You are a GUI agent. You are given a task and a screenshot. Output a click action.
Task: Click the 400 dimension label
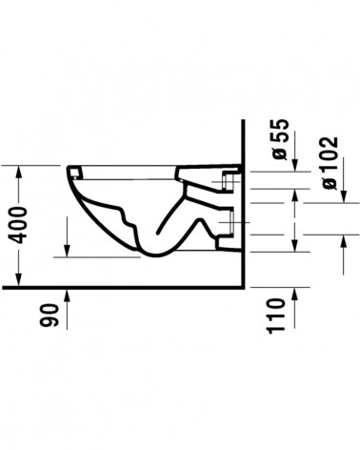coord(17,225)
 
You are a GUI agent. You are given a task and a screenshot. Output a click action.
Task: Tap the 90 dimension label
coord(50,316)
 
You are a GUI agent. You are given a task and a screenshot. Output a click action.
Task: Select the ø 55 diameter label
coord(280,139)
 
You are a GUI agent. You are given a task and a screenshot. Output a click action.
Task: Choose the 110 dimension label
coord(275,317)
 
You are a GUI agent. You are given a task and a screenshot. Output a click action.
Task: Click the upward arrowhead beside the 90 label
coord(67,296)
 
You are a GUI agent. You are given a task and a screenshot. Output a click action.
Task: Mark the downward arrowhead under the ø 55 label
coord(295,165)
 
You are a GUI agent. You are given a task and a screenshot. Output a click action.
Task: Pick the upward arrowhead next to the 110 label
coord(294,294)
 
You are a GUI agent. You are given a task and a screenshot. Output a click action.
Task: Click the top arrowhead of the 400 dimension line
coord(19,173)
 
